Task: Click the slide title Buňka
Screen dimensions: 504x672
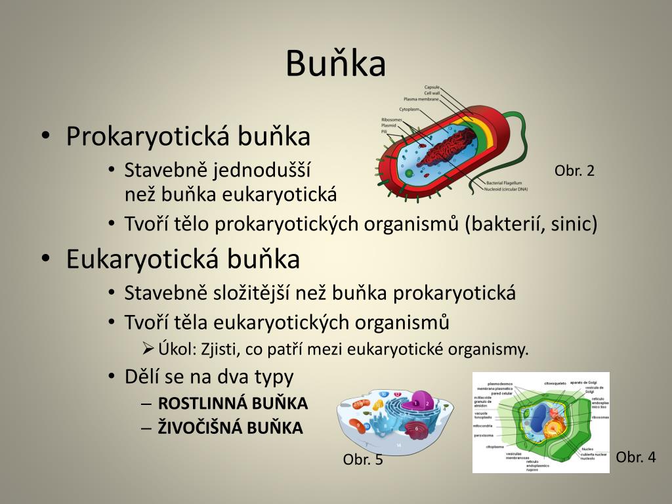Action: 335,64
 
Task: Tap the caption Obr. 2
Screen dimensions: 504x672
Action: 574,171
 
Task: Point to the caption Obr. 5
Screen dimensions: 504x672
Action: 363,460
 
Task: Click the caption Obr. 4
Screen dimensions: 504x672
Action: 636,457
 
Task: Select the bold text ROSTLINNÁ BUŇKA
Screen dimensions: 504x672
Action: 233,403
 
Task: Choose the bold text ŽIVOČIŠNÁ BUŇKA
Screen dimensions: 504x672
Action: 230,429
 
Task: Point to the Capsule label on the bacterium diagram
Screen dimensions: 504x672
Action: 432,87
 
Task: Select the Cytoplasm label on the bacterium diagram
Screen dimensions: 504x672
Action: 409,109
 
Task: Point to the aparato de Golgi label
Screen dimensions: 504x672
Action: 583,382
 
